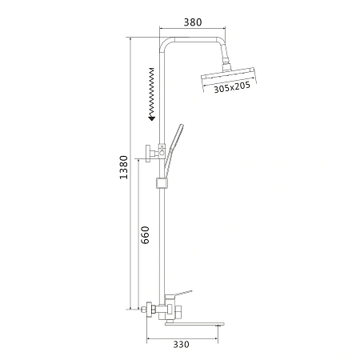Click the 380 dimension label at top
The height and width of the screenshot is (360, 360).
click(x=193, y=22)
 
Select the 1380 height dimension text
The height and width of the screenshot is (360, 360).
click(x=124, y=167)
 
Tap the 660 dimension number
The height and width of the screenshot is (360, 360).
click(x=145, y=235)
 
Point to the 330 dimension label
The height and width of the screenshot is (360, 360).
click(x=181, y=345)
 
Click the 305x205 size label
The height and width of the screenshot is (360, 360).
click(x=232, y=87)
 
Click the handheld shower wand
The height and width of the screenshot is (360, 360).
click(x=173, y=150)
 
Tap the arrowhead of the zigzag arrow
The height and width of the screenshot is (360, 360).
click(x=152, y=118)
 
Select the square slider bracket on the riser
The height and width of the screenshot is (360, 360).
click(x=162, y=182)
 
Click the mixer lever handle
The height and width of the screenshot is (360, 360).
click(x=179, y=294)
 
